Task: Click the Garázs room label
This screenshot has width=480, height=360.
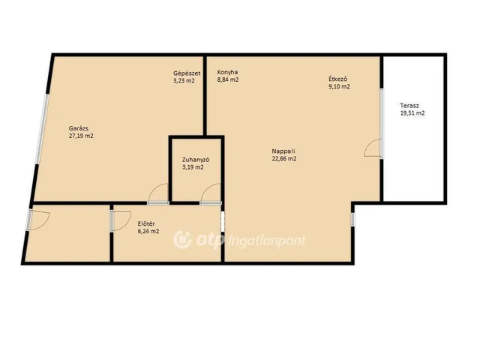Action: coord(79,128)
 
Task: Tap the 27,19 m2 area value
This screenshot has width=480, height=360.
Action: coord(81,136)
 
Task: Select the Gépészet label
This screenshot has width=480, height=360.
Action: coord(187,73)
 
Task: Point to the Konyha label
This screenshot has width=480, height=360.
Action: coord(227,72)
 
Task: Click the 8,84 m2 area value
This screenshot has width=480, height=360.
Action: coord(228,80)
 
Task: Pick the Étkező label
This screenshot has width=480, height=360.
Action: coord(337,79)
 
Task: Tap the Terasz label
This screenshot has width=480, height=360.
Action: coord(409,106)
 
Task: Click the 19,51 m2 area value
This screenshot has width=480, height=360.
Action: coord(412,113)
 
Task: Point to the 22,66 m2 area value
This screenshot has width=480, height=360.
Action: coord(284,158)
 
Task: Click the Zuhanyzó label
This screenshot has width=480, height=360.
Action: coord(196,160)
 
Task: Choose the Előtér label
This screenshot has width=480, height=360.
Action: coord(146,223)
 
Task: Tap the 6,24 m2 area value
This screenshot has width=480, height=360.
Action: coord(148,232)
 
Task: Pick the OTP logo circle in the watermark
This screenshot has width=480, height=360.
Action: coord(182,240)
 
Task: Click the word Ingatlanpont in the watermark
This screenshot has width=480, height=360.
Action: coord(267,241)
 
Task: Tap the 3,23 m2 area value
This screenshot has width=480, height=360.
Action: coord(184,81)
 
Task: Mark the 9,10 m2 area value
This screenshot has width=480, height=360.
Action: coord(339,86)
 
